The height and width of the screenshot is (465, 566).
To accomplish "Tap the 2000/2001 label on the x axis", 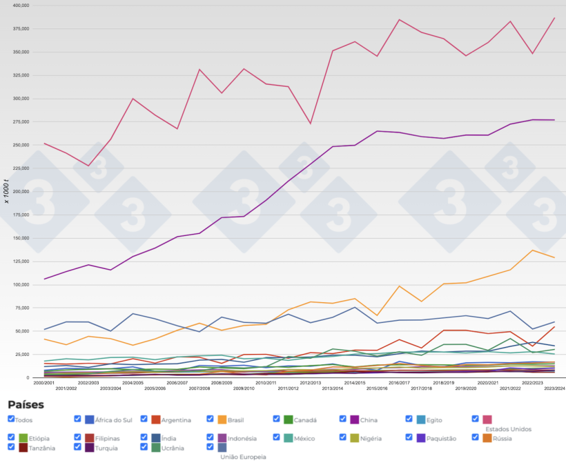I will [43, 382].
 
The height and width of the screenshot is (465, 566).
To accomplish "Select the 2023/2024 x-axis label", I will [554, 388].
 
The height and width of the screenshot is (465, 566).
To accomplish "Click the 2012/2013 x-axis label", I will [310, 382].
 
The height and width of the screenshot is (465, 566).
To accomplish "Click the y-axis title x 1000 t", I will [7, 190].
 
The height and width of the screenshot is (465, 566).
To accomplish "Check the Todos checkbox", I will [11, 419].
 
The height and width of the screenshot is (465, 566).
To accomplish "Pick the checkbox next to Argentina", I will [144, 419].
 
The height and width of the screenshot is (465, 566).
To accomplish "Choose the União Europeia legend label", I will [243, 457].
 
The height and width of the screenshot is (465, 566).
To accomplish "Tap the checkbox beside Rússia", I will [476, 437].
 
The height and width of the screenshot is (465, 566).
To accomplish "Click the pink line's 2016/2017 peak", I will [399, 19].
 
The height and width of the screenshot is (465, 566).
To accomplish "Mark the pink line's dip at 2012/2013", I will [310, 123].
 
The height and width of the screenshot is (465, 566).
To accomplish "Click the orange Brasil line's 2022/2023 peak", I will [531, 250].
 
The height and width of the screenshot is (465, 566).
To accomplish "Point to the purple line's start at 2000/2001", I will [44, 279].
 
